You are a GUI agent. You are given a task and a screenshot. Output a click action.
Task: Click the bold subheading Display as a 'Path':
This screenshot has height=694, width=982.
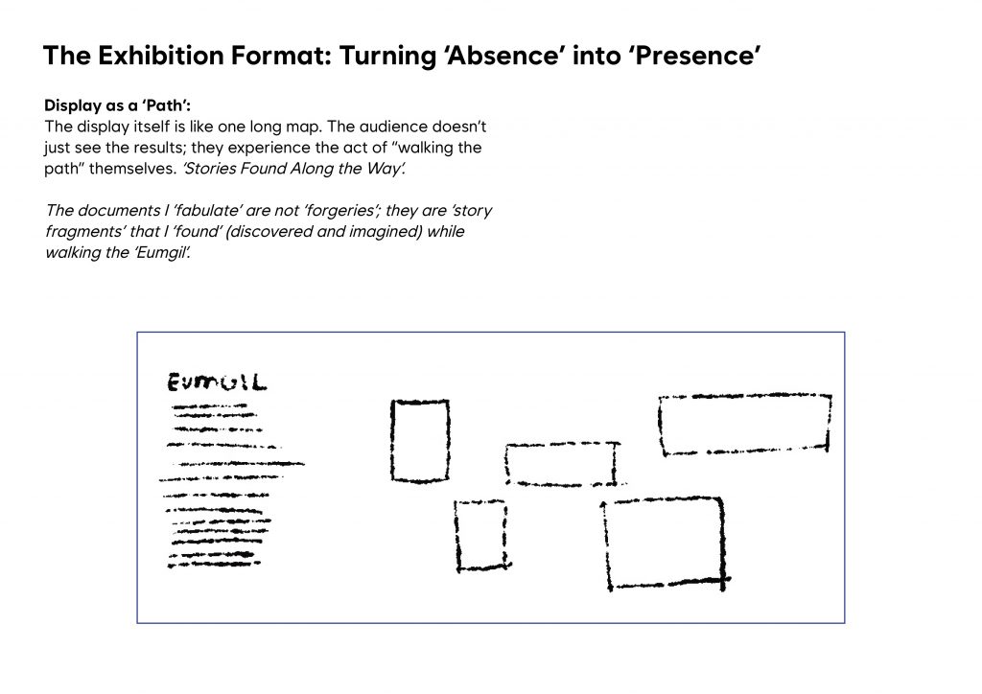118,105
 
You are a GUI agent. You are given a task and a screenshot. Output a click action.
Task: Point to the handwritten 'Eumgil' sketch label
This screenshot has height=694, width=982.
217,382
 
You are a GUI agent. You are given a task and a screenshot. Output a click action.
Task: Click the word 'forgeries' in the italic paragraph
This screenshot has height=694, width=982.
339,210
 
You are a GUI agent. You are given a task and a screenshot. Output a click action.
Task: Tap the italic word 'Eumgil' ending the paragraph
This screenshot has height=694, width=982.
162,253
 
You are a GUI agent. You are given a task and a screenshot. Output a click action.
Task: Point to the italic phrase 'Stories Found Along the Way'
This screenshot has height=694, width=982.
293,169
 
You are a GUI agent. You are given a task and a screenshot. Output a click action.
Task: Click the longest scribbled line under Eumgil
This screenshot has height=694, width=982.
241,464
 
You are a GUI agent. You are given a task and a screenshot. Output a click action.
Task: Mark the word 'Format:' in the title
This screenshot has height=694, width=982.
282,55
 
